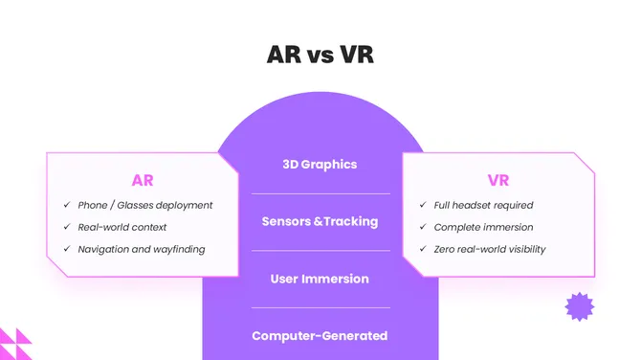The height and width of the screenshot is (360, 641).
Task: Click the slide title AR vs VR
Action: [320, 55]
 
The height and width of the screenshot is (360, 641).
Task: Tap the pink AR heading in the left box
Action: [143, 179]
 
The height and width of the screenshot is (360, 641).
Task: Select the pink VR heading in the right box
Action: [498, 179]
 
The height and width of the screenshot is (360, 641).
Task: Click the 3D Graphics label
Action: [320, 164]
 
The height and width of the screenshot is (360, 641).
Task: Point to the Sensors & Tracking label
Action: [320, 221]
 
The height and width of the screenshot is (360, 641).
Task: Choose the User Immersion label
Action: [320, 279]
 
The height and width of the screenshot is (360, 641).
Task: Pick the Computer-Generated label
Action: [320, 336]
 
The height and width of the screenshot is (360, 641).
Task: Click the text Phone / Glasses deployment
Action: [145, 205]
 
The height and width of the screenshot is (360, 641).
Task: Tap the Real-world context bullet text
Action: [122, 227]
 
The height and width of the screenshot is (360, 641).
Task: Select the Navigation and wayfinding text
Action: [142, 249]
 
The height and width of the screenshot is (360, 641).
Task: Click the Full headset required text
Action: [483, 205]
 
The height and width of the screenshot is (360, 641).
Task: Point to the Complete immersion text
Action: [483, 227]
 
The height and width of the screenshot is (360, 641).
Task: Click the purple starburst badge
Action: [579, 306]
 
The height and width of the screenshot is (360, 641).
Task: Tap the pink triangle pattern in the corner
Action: [13, 344]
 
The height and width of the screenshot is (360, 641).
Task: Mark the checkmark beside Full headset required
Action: [424, 205]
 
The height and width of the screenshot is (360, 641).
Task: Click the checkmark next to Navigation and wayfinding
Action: [67, 249]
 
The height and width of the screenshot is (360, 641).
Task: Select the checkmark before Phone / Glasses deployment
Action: [67, 205]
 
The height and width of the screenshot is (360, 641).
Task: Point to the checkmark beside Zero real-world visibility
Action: [424, 249]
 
